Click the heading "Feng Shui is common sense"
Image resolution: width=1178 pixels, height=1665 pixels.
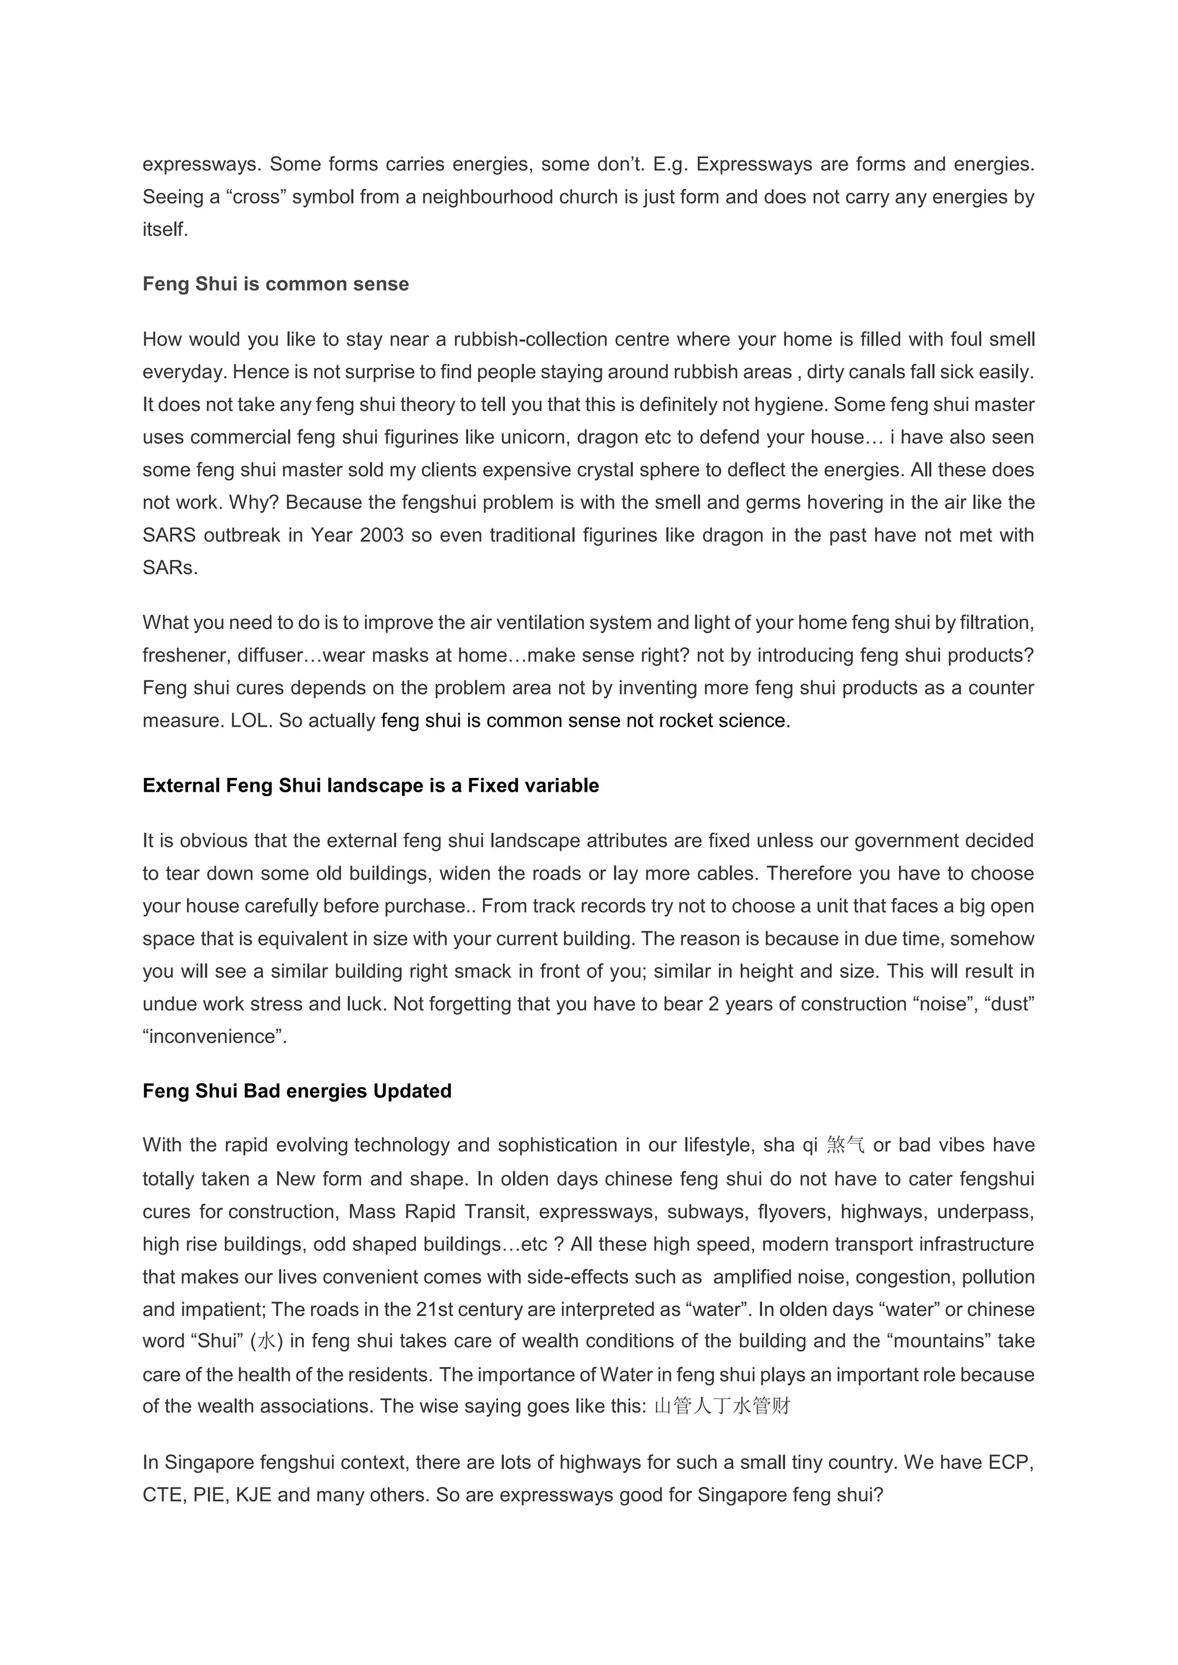[x=276, y=284]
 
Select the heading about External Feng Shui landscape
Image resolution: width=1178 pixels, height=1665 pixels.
[x=370, y=786]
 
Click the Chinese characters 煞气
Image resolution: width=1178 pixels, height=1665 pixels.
[x=845, y=1146]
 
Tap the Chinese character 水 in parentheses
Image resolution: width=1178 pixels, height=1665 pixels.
[x=267, y=1341]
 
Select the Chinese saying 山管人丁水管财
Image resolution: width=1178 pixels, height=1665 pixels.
[x=722, y=1407]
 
